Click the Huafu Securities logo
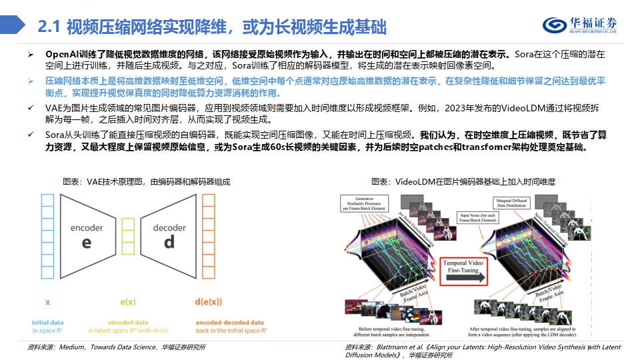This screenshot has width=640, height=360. pyautogui.click(x=579, y=25)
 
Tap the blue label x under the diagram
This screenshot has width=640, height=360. pyautogui.click(x=47, y=302)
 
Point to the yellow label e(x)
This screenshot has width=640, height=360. pyautogui.click(x=128, y=302)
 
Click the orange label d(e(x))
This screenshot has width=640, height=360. pyautogui.click(x=208, y=302)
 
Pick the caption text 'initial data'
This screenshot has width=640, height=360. pyautogui.click(x=47, y=322)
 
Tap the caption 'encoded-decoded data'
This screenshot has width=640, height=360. pyautogui.click(x=229, y=322)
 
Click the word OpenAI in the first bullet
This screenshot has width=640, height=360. pyautogui.click(x=62, y=54)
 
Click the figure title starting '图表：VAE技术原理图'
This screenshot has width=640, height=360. pyautogui.click(x=146, y=181)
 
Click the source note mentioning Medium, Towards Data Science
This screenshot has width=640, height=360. pyautogui.click(x=117, y=347)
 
